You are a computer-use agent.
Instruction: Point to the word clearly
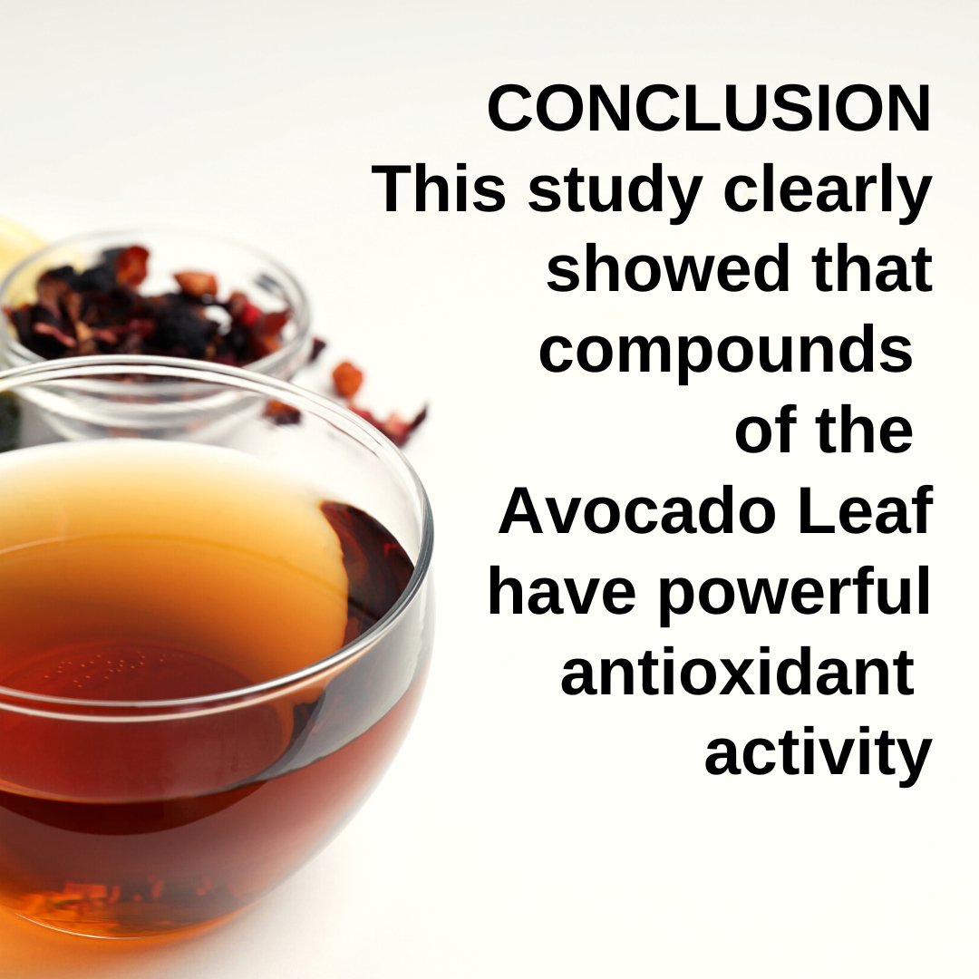coord(823,192)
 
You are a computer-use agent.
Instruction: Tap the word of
coord(763,431)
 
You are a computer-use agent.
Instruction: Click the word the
coord(861,431)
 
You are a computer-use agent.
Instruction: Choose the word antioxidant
coord(736,674)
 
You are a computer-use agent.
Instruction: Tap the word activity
coord(818,756)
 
